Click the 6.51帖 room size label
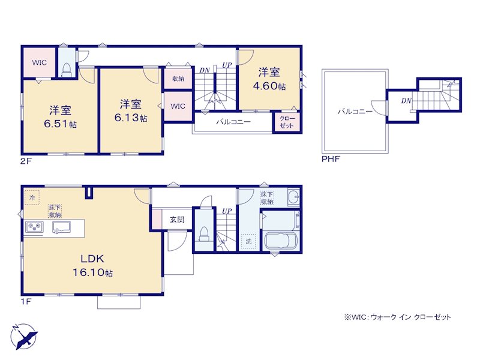[x=61, y=124]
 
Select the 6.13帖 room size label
[x=131, y=118]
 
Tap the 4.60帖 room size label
[x=269, y=86]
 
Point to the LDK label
[x=92, y=259]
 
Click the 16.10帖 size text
[x=93, y=272]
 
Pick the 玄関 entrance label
[x=177, y=220]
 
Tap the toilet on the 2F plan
[x=67, y=70]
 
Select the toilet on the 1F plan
[x=203, y=233]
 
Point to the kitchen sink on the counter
[x=61, y=227]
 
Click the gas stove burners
[x=34, y=227]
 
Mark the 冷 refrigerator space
[x=32, y=198]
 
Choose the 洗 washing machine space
[x=248, y=241]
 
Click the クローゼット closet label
[x=287, y=122]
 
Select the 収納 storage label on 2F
[x=178, y=79]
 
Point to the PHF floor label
[x=331, y=159]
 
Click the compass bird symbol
[x=24, y=336]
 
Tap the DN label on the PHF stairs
[x=406, y=101]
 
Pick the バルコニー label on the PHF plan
[x=355, y=112]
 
